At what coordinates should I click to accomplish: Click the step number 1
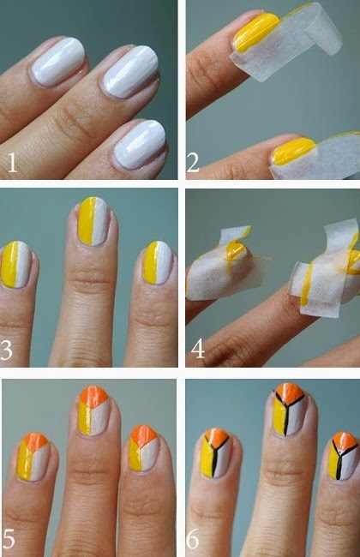12,163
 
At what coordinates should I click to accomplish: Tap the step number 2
194,163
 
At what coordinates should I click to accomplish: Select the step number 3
6,350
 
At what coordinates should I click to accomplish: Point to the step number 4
198,348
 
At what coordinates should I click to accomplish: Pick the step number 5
9,538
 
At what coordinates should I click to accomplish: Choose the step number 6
193,539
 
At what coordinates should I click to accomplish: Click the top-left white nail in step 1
58,62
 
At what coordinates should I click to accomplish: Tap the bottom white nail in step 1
140,144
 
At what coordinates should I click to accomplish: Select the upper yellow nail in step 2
256,32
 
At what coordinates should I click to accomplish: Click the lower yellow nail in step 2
293,152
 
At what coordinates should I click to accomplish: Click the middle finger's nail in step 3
93,221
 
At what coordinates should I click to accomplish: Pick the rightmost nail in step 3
158,262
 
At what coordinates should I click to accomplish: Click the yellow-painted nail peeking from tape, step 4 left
235,250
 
